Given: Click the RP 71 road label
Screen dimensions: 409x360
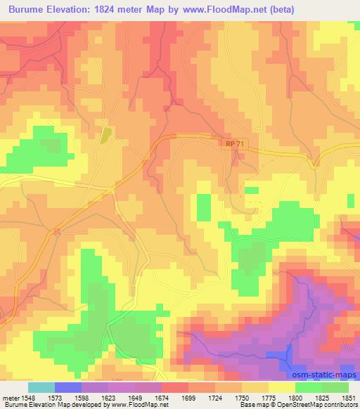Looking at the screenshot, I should [x=236, y=143].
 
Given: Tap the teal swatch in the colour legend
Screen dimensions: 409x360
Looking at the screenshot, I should [x=41, y=387].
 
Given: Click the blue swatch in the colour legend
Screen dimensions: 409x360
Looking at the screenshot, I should [x=68, y=387].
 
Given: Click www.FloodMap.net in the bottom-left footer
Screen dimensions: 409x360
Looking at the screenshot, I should [x=134, y=404].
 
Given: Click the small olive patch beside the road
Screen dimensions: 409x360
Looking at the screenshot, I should [x=105, y=134].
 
